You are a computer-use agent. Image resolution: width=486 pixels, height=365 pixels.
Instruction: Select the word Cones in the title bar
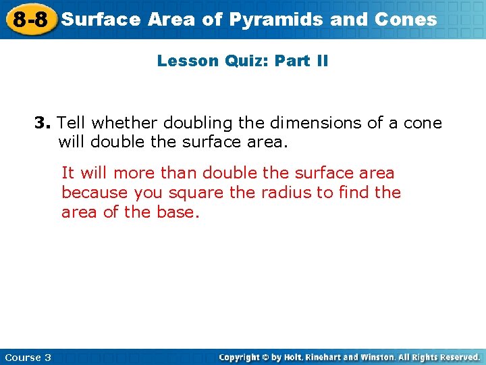click(x=407, y=20)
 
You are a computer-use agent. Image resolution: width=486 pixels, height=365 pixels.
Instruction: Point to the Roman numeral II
click(x=321, y=61)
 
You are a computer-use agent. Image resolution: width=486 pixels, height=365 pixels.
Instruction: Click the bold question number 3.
click(x=43, y=123)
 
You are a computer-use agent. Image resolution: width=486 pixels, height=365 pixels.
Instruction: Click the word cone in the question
click(x=422, y=123)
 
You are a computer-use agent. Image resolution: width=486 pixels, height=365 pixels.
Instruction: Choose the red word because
click(x=95, y=193)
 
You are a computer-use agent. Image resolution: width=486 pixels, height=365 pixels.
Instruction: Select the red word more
click(x=134, y=172)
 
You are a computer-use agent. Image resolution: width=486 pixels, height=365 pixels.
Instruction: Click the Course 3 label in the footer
click(x=28, y=357)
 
